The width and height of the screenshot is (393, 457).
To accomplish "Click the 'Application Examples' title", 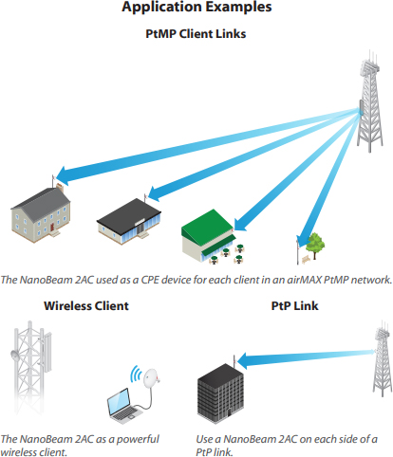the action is coord(196,7).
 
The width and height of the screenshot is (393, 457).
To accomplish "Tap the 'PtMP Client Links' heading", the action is coord(196,34).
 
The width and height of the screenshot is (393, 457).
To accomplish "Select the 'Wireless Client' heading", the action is coord(86,305).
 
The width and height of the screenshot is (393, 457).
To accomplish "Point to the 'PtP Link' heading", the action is coord(294,305).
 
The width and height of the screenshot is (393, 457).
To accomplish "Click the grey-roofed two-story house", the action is coord(41,213).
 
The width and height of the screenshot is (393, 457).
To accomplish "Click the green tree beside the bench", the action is coord(315,245).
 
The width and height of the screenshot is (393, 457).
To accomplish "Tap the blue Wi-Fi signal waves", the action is coord(136,374).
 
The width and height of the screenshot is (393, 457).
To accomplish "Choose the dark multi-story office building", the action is coord(220,394).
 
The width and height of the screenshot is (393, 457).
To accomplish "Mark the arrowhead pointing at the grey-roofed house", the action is coord(65,175).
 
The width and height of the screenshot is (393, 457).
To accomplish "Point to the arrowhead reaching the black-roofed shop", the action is coord(155,193).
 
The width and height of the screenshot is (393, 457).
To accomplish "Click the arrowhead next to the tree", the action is coord(303,241).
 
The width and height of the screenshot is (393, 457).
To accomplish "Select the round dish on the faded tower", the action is coord(15,355).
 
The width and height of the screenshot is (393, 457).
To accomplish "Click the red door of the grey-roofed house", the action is coord(51,226).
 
